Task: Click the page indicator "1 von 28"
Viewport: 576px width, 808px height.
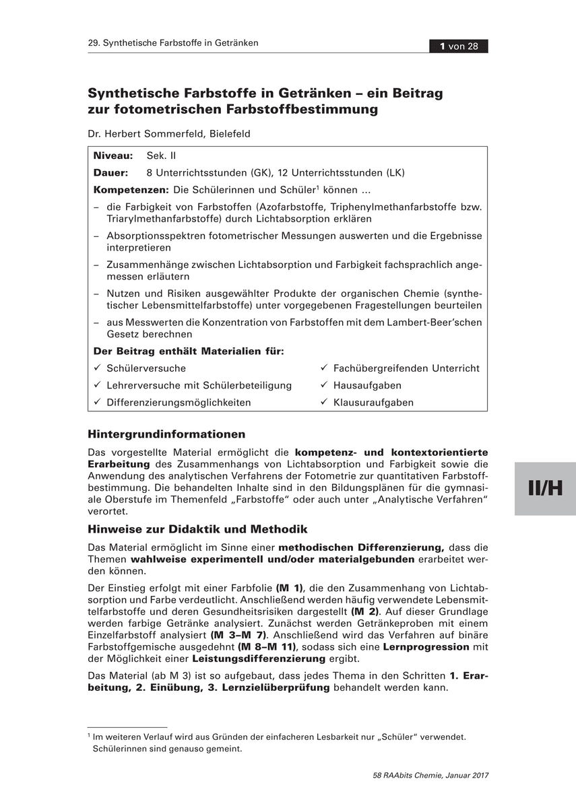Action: pyautogui.click(x=459, y=46)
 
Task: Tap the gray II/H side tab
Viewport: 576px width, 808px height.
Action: pyautogui.click(x=545, y=488)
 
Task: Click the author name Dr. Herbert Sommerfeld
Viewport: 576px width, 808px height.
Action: pyautogui.click(x=169, y=134)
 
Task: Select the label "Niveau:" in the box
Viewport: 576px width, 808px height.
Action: pyautogui.click(x=113, y=156)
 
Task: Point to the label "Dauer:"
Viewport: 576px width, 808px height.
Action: pyautogui.click(x=110, y=172)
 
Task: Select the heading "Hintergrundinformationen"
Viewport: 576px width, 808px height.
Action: pyautogui.click(x=166, y=434)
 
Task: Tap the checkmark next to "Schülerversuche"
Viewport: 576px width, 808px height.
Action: pyautogui.click(x=98, y=368)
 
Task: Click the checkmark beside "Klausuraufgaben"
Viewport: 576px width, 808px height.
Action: pyautogui.click(x=324, y=403)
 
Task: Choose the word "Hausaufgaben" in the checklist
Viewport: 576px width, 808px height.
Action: pyautogui.click(x=367, y=385)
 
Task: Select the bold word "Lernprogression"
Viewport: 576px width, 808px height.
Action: pyautogui.click(x=426, y=646)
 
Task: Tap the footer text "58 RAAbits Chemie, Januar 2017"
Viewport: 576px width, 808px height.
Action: pyautogui.click(x=430, y=775)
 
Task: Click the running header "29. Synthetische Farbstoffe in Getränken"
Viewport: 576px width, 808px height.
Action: pyautogui.click(x=173, y=43)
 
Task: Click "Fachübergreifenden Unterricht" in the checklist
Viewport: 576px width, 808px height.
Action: pyautogui.click(x=406, y=368)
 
